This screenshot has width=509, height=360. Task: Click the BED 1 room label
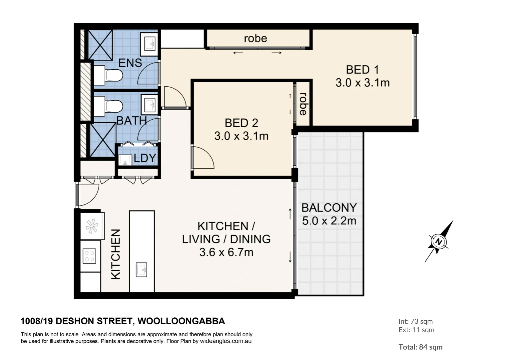[362, 70]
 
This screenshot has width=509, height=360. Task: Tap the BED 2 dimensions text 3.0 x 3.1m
[241, 136]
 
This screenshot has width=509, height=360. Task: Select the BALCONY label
[329, 208]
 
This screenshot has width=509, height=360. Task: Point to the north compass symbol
[439, 241]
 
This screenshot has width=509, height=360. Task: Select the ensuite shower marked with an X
[100, 45]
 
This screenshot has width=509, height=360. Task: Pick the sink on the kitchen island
[142, 270]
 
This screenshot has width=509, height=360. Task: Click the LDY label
[145, 158]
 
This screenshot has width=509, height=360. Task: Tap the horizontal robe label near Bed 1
[255, 38]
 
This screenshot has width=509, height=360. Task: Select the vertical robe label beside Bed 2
[303, 104]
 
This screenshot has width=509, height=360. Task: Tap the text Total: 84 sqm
[420, 347]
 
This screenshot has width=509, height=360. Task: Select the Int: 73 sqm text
[415, 321]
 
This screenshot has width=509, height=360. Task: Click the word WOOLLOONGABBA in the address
[181, 321]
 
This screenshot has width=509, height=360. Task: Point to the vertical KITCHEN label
[115, 254]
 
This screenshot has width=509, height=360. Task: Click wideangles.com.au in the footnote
[226, 341]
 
